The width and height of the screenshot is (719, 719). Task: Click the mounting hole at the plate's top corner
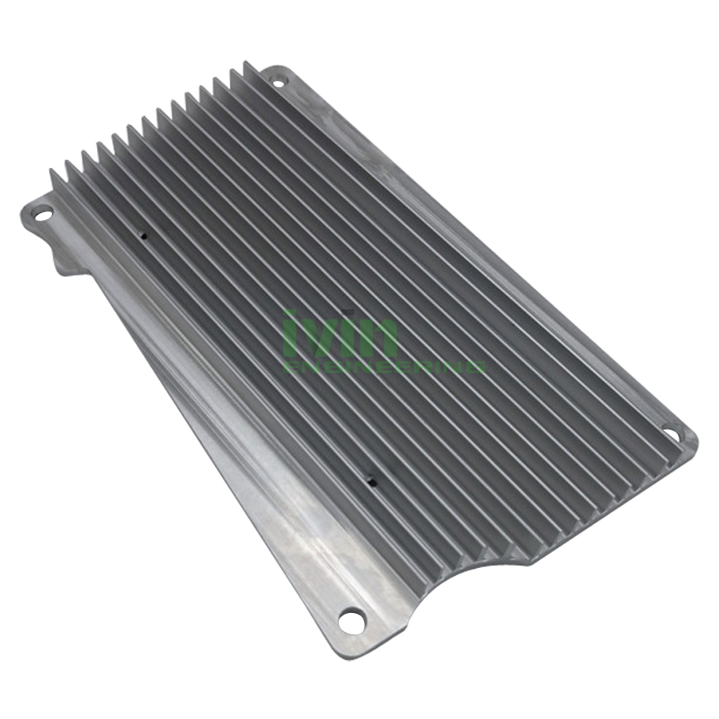[277, 83]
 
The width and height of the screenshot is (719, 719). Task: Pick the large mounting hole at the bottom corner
[351, 618]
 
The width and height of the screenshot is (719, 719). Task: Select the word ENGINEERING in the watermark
[385, 367]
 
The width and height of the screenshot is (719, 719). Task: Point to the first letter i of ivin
[289, 334]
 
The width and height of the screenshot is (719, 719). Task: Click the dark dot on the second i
[346, 316]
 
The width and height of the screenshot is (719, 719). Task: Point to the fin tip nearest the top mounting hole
[244, 67]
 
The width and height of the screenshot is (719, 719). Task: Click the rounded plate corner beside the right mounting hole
[691, 439]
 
